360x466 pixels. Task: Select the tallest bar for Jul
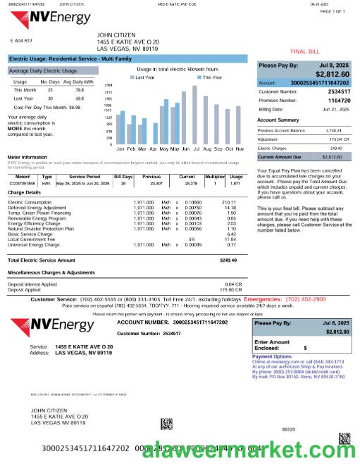pos(195,116)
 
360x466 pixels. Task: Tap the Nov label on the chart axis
pos(240,149)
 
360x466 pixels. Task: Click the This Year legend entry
pos(211,77)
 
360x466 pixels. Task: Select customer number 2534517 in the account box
pos(340,92)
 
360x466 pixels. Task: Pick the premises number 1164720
pos(340,101)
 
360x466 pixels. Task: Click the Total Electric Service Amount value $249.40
pos(228,241)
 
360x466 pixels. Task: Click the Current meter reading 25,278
pos(187,182)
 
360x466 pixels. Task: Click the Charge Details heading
pos(24,191)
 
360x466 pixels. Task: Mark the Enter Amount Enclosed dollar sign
pos(305,347)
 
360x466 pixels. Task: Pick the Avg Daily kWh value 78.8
pos(80,90)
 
